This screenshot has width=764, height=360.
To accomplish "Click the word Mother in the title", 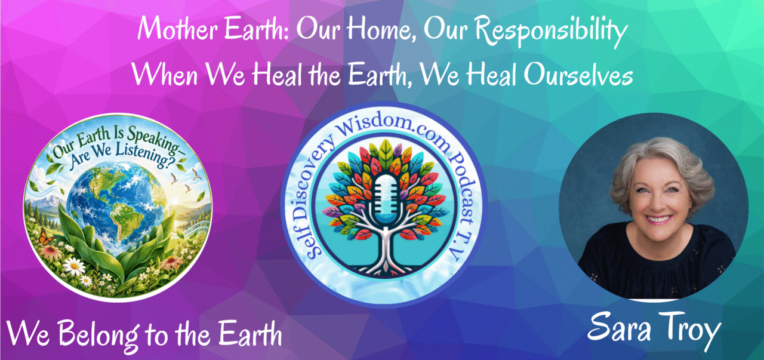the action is tap(178, 29).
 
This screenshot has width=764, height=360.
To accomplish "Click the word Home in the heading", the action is tap(380, 30).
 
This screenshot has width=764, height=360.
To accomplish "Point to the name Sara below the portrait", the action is tap(619, 328).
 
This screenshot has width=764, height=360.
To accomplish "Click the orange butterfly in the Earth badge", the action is tap(46, 236).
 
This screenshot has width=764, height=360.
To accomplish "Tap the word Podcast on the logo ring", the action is tap(462, 186).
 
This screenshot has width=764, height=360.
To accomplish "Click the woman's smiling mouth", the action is tap(658, 219).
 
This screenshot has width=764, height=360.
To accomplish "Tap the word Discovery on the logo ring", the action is tap(307, 181).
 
